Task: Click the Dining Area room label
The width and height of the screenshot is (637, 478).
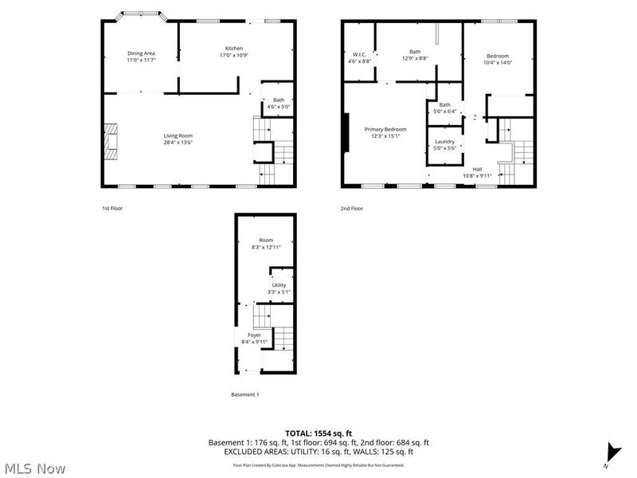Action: pyautogui.click(x=140, y=53)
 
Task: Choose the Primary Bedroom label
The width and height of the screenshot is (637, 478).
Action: pyautogui.click(x=385, y=129)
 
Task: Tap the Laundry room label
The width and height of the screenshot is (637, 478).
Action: pyautogui.click(x=444, y=142)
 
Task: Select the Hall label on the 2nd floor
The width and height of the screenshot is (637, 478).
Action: pyautogui.click(x=478, y=169)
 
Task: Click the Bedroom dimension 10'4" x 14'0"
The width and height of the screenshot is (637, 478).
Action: pyautogui.click(x=498, y=62)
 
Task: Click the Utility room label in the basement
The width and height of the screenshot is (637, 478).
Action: pyautogui.click(x=279, y=285)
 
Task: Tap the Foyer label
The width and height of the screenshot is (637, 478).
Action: pyautogui.click(x=254, y=335)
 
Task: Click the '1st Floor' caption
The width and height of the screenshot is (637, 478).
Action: pyautogui.click(x=111, y=208)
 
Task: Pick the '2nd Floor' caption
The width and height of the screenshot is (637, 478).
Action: pyautogui.click(x=351, y=208)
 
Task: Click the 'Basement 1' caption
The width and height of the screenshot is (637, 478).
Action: pyautogui.click(x=244, y=394)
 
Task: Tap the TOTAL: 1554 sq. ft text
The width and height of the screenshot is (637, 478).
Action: pyautogui.click(x=318, y=433)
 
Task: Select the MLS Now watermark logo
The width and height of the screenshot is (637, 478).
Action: pyautogui.click(x=34, y=468)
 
